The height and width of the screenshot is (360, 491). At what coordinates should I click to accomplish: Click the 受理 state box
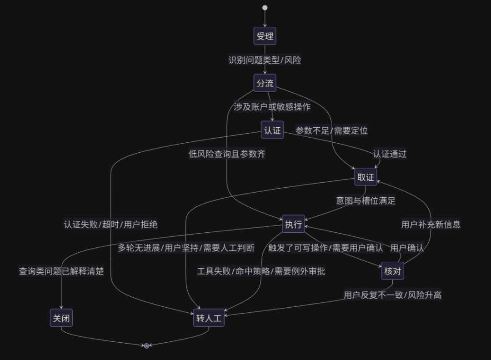point(265,36)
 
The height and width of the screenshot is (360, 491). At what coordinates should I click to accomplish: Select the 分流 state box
point(265,83)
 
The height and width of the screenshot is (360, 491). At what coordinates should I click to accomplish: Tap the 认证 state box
point(272,130)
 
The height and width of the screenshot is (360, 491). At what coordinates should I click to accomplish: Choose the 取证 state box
point(366,177)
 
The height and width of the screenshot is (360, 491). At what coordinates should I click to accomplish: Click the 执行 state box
point(293,224)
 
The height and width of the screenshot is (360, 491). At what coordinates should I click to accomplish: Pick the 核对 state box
point(392,271)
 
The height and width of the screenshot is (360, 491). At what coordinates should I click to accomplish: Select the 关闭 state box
point(61,318)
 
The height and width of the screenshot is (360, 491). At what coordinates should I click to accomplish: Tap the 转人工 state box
point(209,318)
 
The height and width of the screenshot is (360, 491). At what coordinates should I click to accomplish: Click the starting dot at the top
point(265,8)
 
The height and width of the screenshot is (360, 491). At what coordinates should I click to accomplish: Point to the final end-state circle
point(146,346)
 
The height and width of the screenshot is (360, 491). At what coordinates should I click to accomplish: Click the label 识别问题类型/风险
point(265,60)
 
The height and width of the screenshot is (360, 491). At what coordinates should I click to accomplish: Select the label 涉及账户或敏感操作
point(272,107)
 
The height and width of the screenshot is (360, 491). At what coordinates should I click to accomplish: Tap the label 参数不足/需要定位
point(331,130)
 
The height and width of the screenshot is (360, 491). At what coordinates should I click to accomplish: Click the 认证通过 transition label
point(390,154)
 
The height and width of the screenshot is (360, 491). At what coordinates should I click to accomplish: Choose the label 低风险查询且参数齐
point(227,154)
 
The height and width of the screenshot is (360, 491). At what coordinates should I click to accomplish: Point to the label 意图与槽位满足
point(366,200)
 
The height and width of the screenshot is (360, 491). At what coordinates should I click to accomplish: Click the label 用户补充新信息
point(431,224)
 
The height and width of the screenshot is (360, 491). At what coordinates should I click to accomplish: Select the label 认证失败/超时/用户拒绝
point(110,224)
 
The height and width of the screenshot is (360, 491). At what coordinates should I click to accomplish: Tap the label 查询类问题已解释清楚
point(61,271)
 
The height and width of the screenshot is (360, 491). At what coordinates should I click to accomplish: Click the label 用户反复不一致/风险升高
point(392,295)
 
